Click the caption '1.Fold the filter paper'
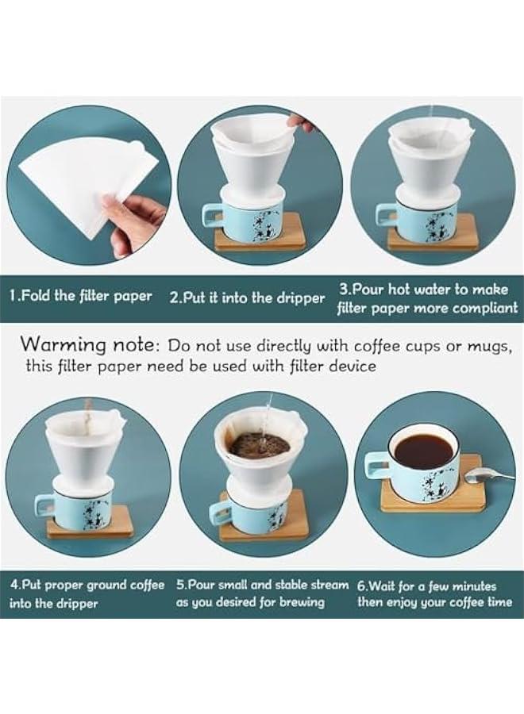81,297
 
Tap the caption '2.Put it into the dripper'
248,298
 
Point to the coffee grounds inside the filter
260,444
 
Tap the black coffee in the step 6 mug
423,451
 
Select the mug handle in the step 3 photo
386,216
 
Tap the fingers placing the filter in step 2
301,123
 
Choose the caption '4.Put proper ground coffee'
87,585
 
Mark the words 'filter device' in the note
336,367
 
